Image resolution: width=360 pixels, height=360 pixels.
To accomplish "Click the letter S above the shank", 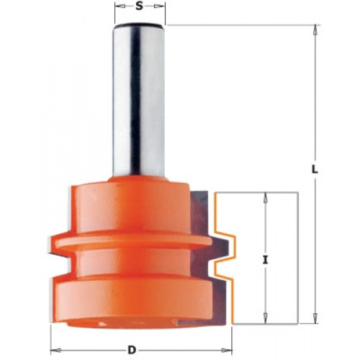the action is [139, 6].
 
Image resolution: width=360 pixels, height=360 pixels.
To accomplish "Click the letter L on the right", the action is [315, 169].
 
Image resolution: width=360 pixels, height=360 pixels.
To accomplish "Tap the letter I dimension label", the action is [265, 260].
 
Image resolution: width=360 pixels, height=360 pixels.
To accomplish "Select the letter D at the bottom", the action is [132, 351].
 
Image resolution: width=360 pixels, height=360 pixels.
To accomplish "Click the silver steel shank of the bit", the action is [139, 101].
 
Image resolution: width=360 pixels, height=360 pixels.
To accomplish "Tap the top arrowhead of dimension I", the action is [265, 197].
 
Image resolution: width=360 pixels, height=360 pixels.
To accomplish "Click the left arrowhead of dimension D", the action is [55, 350].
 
